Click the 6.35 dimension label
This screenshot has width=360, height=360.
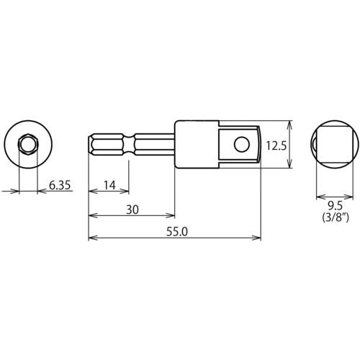click(60, 185)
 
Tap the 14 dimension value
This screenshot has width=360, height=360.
click(109, 185)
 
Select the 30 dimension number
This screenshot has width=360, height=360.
click(132, 210)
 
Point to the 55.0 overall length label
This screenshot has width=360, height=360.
click(177, 232)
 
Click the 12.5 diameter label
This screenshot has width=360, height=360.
click(276, 145)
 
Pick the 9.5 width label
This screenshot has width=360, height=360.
click(336, 205)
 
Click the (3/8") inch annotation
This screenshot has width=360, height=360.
click(336, 217)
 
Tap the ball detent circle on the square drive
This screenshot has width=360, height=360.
click(242, 145)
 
